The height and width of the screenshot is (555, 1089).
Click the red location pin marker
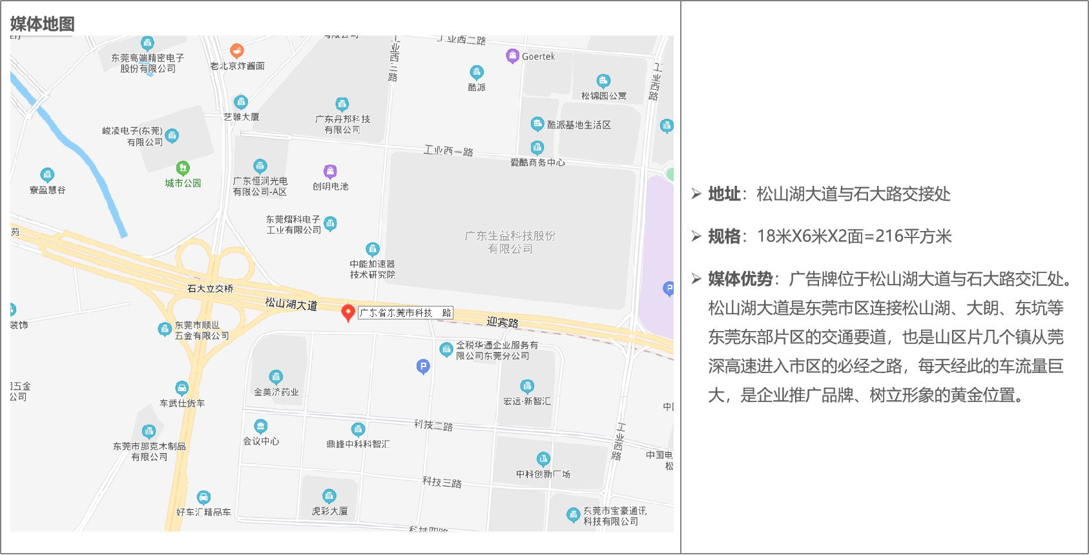[x=348, y=312]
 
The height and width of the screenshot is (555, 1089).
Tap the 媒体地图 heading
[x=43, y=25]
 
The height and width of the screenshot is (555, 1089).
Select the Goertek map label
[x=538, y=57]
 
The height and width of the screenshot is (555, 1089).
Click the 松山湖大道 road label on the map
[x=291, y=303]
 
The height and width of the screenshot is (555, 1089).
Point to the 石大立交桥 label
[x=211, y=288]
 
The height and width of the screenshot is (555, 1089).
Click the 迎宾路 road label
[x=503, y=321]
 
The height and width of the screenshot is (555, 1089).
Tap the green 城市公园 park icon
[x=183, y=168]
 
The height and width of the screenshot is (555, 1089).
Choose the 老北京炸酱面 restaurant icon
[x=237, y=50]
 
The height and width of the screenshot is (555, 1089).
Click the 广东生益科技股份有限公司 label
[x=510, y=242]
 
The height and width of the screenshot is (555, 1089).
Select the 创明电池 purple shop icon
[x=330, y=171]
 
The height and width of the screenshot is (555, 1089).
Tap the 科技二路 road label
[x=433, y=425]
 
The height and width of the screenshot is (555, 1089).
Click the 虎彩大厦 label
[x=329, y=511]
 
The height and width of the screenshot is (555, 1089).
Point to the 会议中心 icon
[x=261, y=427]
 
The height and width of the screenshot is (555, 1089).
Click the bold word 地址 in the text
[x=724, y=194]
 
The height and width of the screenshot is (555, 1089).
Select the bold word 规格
[x=724, y=236]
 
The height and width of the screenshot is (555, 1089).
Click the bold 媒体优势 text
[x=740, y=279]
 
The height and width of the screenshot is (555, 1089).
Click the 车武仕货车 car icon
[x=182, y=388]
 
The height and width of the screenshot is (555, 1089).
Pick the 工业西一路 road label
[x=448, y=151]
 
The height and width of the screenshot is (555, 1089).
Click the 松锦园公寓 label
[x=603, y=96]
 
